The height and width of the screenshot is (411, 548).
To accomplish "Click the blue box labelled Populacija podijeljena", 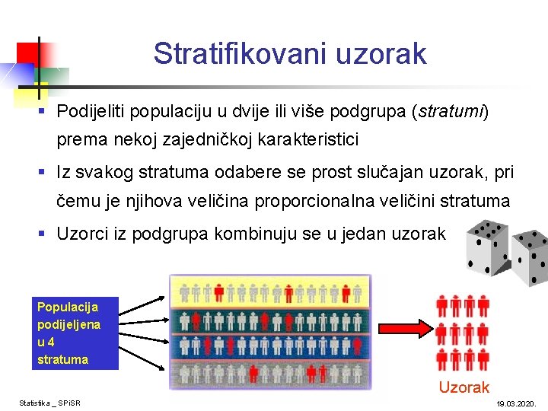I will coord(76,333).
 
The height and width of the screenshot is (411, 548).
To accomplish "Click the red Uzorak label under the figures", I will coord(464,387).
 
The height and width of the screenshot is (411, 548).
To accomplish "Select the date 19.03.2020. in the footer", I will coord(516,403).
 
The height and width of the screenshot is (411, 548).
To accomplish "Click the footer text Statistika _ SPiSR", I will coord(50,403).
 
